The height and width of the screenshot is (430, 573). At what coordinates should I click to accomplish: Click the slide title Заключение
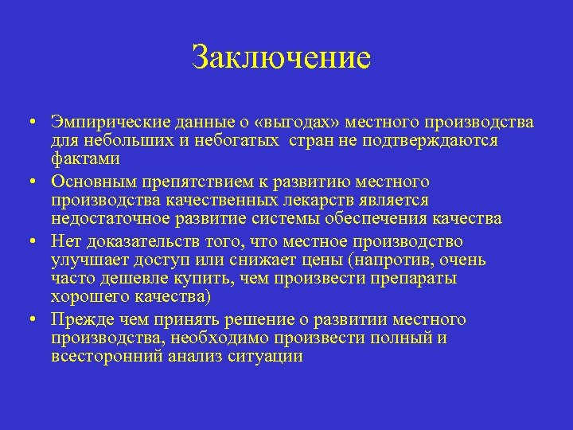(x=281, y=58)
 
